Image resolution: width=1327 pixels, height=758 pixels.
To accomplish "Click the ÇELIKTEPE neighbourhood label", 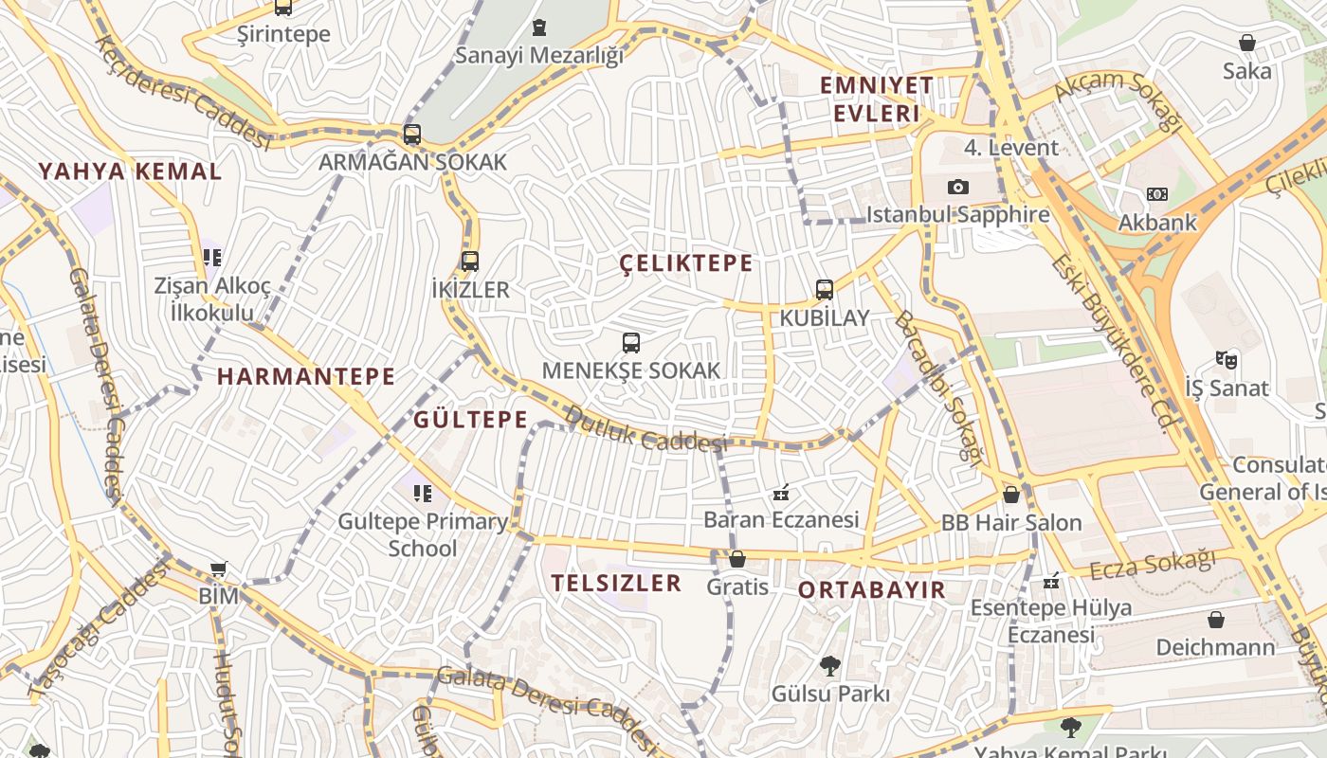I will click(x=686, y=263).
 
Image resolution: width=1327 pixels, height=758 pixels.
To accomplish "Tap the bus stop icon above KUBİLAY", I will click(x=825, y=290).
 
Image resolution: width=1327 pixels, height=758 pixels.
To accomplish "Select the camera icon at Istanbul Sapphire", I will click(x=958, y=187).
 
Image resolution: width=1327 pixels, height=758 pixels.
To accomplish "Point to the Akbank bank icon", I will click(x=1156, y=194).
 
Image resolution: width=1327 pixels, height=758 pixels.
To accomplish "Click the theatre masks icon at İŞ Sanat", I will click(x=1227, y=360).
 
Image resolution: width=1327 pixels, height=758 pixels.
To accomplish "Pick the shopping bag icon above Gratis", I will click(x=737, y=559).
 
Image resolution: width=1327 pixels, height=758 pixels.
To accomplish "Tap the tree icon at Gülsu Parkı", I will click(x=830, y=666).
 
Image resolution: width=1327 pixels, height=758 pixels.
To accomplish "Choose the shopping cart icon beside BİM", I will click(x=219, y=569).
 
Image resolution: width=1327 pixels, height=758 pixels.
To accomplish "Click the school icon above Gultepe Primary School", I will click(x=423, y=493).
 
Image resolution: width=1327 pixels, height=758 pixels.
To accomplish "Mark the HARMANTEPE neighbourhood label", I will click(x=305, y=376).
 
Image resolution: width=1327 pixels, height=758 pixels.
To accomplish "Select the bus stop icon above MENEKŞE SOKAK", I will click(x=631, y=343).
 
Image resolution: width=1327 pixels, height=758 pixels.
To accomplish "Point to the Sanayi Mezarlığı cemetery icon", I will click(x=539, y=27).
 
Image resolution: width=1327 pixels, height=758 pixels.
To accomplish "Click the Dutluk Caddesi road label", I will click(x=645, y=429).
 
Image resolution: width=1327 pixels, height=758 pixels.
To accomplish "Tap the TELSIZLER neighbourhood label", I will click(x=616, y=583).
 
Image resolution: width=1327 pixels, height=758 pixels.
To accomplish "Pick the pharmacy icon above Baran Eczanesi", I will click(x=781, y=493).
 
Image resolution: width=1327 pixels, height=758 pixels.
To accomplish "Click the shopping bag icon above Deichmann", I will click(x=1216, y=620).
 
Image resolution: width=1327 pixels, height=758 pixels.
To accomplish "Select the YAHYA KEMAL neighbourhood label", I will click(x=130, y=171).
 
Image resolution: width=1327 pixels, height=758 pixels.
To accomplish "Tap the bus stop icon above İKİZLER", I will click(x=470, y=262).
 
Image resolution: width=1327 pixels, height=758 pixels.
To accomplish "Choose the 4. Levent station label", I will click(x=1010, y=148).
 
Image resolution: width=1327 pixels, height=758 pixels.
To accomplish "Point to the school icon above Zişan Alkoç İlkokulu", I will click(x=212, y=257).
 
